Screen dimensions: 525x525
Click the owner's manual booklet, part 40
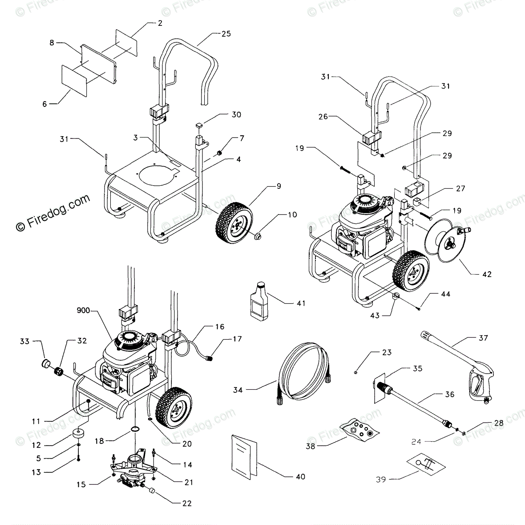[244, 454]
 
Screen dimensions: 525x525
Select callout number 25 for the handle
[226, 33]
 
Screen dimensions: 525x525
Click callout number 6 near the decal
[44, 104]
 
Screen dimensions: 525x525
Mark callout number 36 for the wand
[449, 394]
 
